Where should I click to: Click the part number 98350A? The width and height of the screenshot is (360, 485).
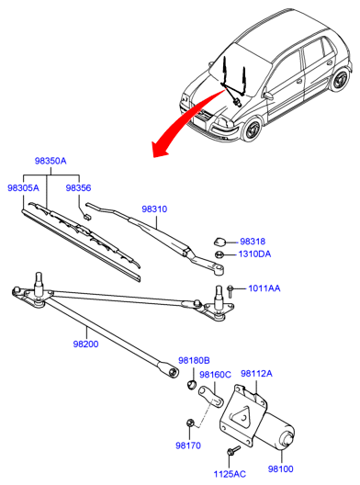click(x=51, y=161)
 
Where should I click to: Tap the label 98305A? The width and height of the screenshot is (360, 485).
click(x=24, y=187)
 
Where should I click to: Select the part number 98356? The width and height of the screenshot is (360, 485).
click(x=78, y=187)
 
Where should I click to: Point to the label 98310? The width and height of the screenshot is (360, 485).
click(x=154, y=209)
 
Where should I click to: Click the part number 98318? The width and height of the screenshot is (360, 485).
click(x=253, y=242)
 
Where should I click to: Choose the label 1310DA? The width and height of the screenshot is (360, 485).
click(x=254, y=254)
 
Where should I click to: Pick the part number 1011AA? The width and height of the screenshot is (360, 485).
click(x=264, y=288)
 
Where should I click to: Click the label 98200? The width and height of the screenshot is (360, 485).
click(x=85, y=344)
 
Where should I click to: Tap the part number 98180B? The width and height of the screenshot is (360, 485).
click(x=194, y=360)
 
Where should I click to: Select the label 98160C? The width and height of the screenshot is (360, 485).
click(x=215, y=375)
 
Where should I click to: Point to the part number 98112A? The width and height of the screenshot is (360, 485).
click(x=257, y=374)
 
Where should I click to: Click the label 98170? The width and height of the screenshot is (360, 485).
click(x=188, y=446)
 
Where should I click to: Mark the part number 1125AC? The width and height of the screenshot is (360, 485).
click(x=230, y=474)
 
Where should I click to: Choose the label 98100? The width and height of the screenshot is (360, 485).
click(x=280, y=468)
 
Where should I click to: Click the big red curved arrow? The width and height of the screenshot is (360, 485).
click(x=183, y=120)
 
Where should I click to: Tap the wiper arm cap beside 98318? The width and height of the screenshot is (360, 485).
click(x=219, y=241)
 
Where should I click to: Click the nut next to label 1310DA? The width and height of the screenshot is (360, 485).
click(x=219, y=254)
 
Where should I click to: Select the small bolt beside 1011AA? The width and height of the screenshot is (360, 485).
click(x=230, y=291)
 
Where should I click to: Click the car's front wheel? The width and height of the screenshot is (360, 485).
click(x=252, y=129)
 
